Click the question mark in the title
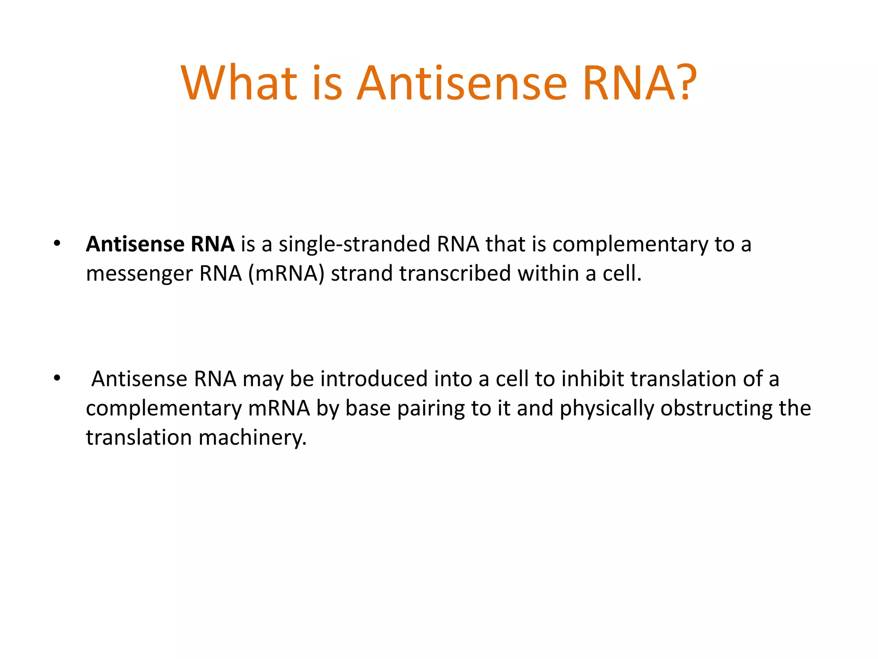682,82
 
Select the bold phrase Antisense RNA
160,244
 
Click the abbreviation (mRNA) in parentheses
286,274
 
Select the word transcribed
455,274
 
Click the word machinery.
253,438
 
